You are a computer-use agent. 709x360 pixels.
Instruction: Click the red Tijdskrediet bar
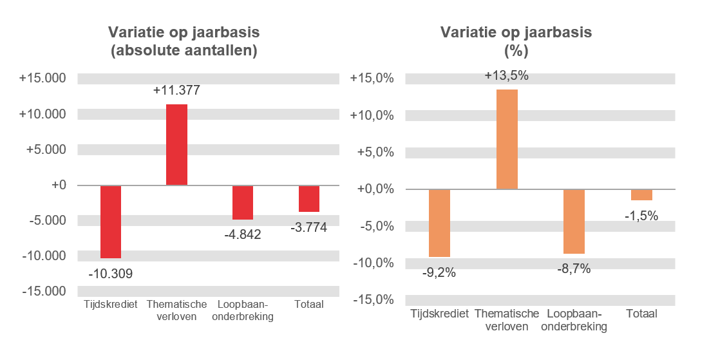point(111,222)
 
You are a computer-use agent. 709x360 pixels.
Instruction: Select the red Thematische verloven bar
point(176,144)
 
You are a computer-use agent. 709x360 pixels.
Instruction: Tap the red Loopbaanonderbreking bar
point(243,202)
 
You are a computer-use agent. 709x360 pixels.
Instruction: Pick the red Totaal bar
point(309,198)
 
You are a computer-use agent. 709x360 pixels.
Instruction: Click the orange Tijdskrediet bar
point(439,223)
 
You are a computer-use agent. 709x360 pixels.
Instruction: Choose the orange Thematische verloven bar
point(507,139)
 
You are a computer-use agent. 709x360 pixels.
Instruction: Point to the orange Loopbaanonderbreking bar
point(574,221)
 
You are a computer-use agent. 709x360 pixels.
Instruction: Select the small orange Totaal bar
point(641,194)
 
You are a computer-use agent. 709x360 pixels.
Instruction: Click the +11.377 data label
point(176,91)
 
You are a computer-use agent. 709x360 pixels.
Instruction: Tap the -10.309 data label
point(111,274)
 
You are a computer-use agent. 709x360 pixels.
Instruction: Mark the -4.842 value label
point(243,234)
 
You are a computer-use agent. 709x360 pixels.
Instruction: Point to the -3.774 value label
point(309,227)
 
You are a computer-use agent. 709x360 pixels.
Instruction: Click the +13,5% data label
point(507,75)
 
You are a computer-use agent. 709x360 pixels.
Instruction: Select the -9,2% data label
point(439,272)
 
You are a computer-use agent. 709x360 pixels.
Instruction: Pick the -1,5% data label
point(641,216)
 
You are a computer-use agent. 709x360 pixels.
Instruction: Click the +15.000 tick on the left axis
point(43,79)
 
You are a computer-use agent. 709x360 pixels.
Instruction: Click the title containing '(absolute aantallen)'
point(184,42)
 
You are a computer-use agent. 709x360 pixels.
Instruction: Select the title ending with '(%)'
point(515,42)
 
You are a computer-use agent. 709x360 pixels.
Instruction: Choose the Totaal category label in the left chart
point(309,305)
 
